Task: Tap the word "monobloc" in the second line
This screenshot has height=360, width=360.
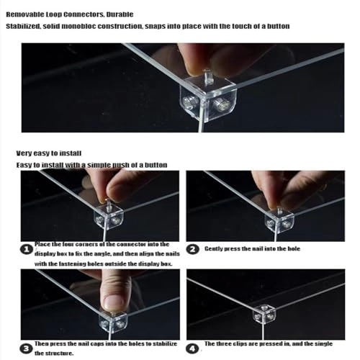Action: coord(78,26)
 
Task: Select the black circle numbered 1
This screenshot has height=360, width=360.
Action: coord(26,250)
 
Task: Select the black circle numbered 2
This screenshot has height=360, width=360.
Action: coord(193,249)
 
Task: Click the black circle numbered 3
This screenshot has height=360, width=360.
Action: coord(26,348)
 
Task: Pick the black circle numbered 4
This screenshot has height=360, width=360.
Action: coord(192,348)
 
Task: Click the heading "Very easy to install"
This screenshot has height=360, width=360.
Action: coord(49,153)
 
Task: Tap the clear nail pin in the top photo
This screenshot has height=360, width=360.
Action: coord(208,77)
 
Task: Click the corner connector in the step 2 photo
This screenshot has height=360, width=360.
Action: coord(279,220)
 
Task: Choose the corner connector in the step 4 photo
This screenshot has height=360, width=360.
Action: coord(264,313)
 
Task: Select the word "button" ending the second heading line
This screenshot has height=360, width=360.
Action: coord(279,26)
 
